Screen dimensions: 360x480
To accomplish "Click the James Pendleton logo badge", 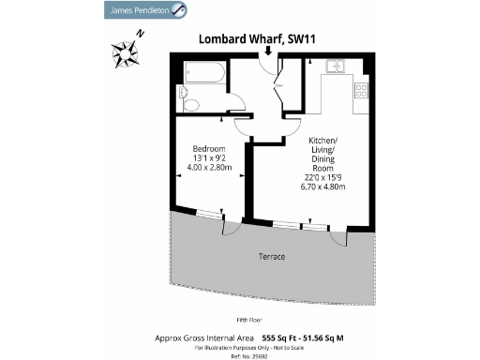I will [x=143, y=10].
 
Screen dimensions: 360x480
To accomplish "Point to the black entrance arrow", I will [x=269, y=51].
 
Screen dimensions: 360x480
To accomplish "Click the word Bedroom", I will [x=207, y=149].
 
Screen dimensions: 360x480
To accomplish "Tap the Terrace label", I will [x=271, y=256].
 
